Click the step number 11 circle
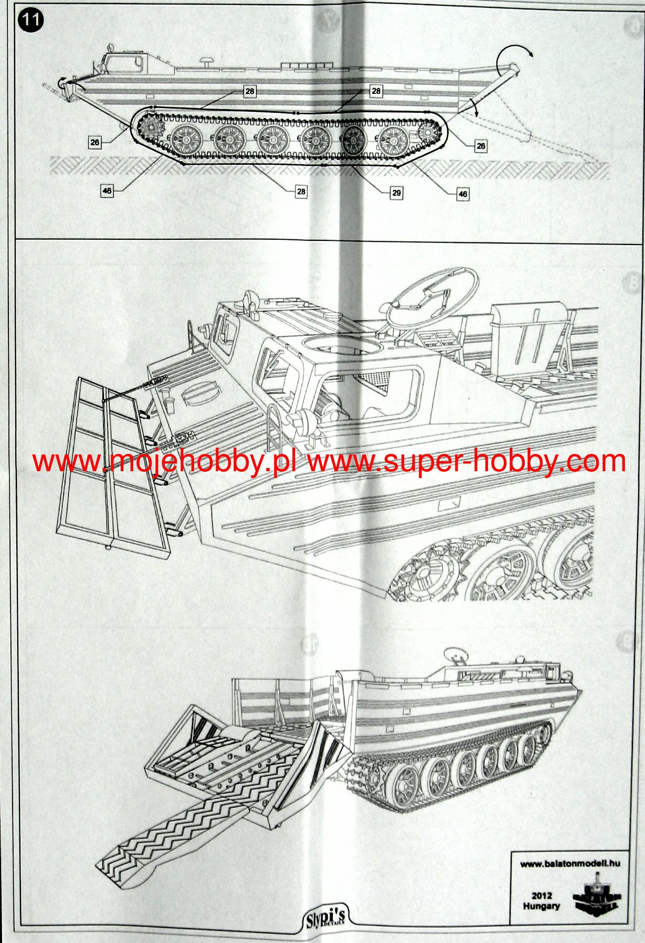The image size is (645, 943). click(31, 20)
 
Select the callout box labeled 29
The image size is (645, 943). click(396, 193)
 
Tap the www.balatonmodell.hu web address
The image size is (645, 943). click(570, 863)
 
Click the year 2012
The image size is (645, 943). click(541, 896)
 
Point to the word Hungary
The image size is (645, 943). click(541, 906)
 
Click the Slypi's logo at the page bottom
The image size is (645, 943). click(325, 919)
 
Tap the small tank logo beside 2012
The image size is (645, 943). click(597, 897)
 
